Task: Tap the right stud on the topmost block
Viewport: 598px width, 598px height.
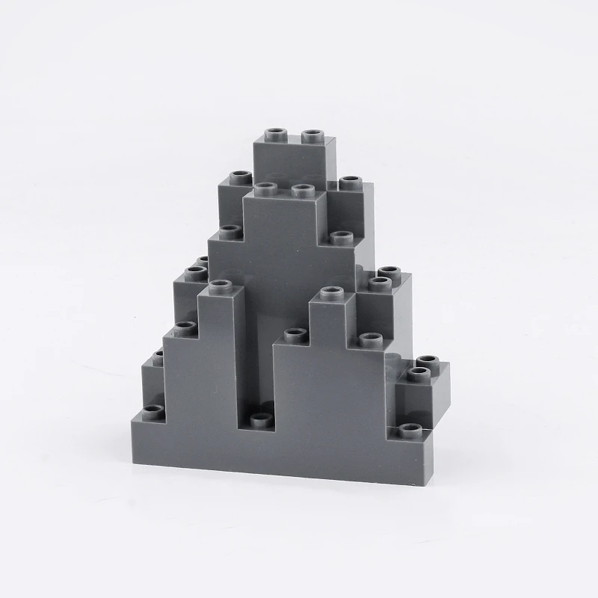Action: pyautogui.click(x=312, y=135)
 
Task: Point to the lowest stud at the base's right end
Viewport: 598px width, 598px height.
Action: pyautogui.click(x=408, y=430)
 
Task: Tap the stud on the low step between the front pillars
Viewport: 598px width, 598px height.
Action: pyautogui.click(x=295, y=334)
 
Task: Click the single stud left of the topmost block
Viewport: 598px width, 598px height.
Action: pyautogui.click(x=240, y=178)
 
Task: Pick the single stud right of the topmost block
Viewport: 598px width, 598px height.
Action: pyautogui.click(x=349, y=183)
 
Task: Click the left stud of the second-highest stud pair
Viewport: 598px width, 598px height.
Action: pyautogui.click(x=264, y=187)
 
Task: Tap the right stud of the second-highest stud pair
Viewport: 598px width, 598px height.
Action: pyautogui.click(x=300, y=189)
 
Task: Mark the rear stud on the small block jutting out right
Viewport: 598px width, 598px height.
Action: pyautogui.click(x=428, y=361)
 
